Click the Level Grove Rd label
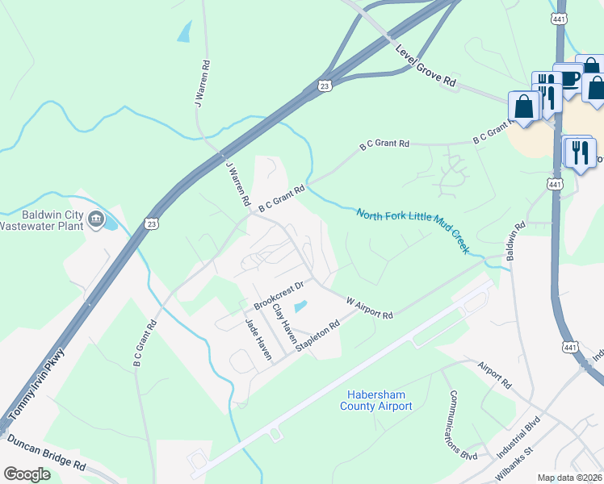[426, 66]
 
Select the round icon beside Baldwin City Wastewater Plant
[96, 219]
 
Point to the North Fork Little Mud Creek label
[412, 231]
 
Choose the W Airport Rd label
[369, 308]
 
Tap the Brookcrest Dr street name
[278, 296]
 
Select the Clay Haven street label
[283, 322]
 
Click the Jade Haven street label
[258, 338]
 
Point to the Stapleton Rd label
[318, 335]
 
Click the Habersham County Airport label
[379, 400]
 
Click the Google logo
[27, 474]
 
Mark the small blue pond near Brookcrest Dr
[300, 307]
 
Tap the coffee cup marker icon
[568, 78]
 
